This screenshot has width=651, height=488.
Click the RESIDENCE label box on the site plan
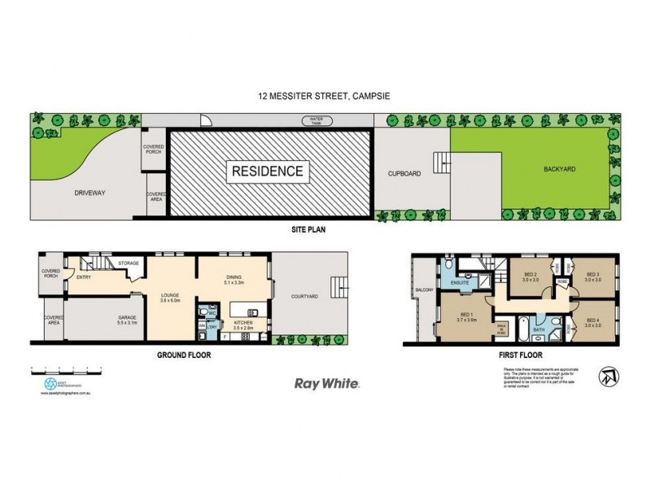(269, 172)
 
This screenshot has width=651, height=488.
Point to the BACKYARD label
(538, 172)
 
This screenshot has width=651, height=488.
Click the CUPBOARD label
(404, 172)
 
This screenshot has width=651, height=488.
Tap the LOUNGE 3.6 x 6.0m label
(170, 297)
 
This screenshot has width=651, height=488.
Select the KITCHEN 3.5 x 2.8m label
(242, 325)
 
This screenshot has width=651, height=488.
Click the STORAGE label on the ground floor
(129, 263)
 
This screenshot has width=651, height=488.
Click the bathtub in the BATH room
(534, 320)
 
